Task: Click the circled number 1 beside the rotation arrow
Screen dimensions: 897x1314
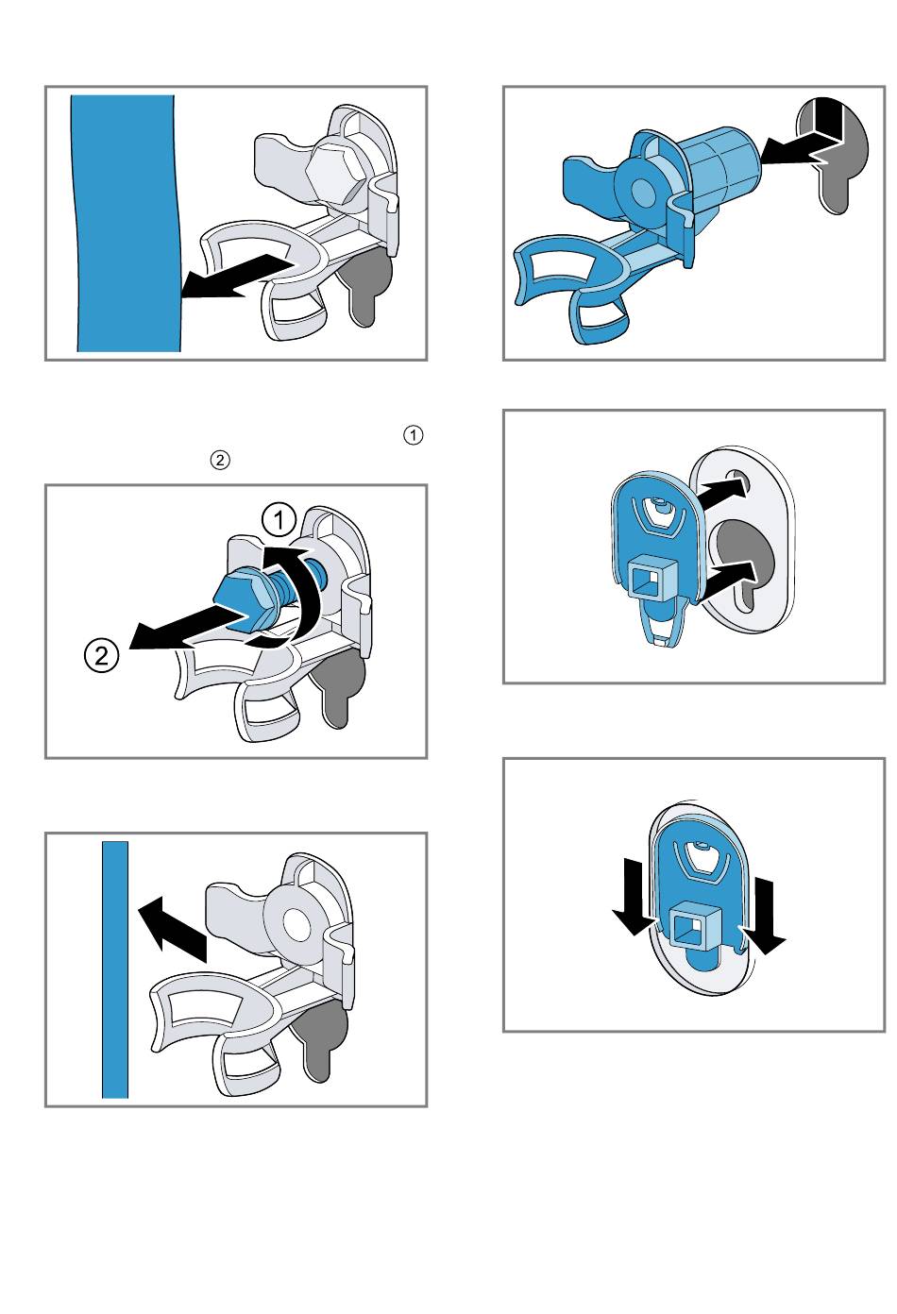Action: (x=279, y=520)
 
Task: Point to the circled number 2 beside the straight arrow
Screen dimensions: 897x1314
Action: (x=101, y=655)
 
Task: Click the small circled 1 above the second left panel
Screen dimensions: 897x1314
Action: (x=413, y=436)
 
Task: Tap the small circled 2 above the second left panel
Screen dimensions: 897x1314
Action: (x=219, y=461)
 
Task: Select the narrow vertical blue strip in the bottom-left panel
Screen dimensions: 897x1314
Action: (x=115, y=970)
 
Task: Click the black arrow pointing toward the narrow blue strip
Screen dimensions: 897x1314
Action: (x=172, y=931)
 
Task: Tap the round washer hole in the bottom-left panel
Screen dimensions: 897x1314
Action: (x=296, y=924)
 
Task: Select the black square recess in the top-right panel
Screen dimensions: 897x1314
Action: (x=823, y=120)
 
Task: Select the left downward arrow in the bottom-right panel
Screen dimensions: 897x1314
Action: (x=633, y=897)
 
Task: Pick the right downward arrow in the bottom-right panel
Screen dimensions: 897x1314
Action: (x=763, y=918)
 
